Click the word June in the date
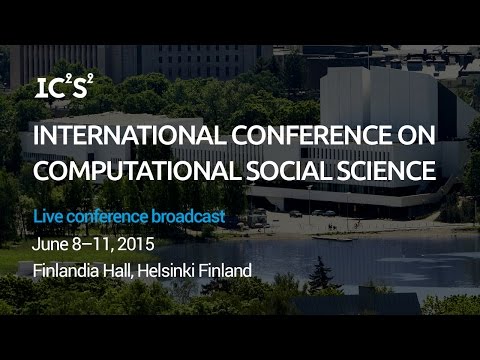point(49,243)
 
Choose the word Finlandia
point(66,270)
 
